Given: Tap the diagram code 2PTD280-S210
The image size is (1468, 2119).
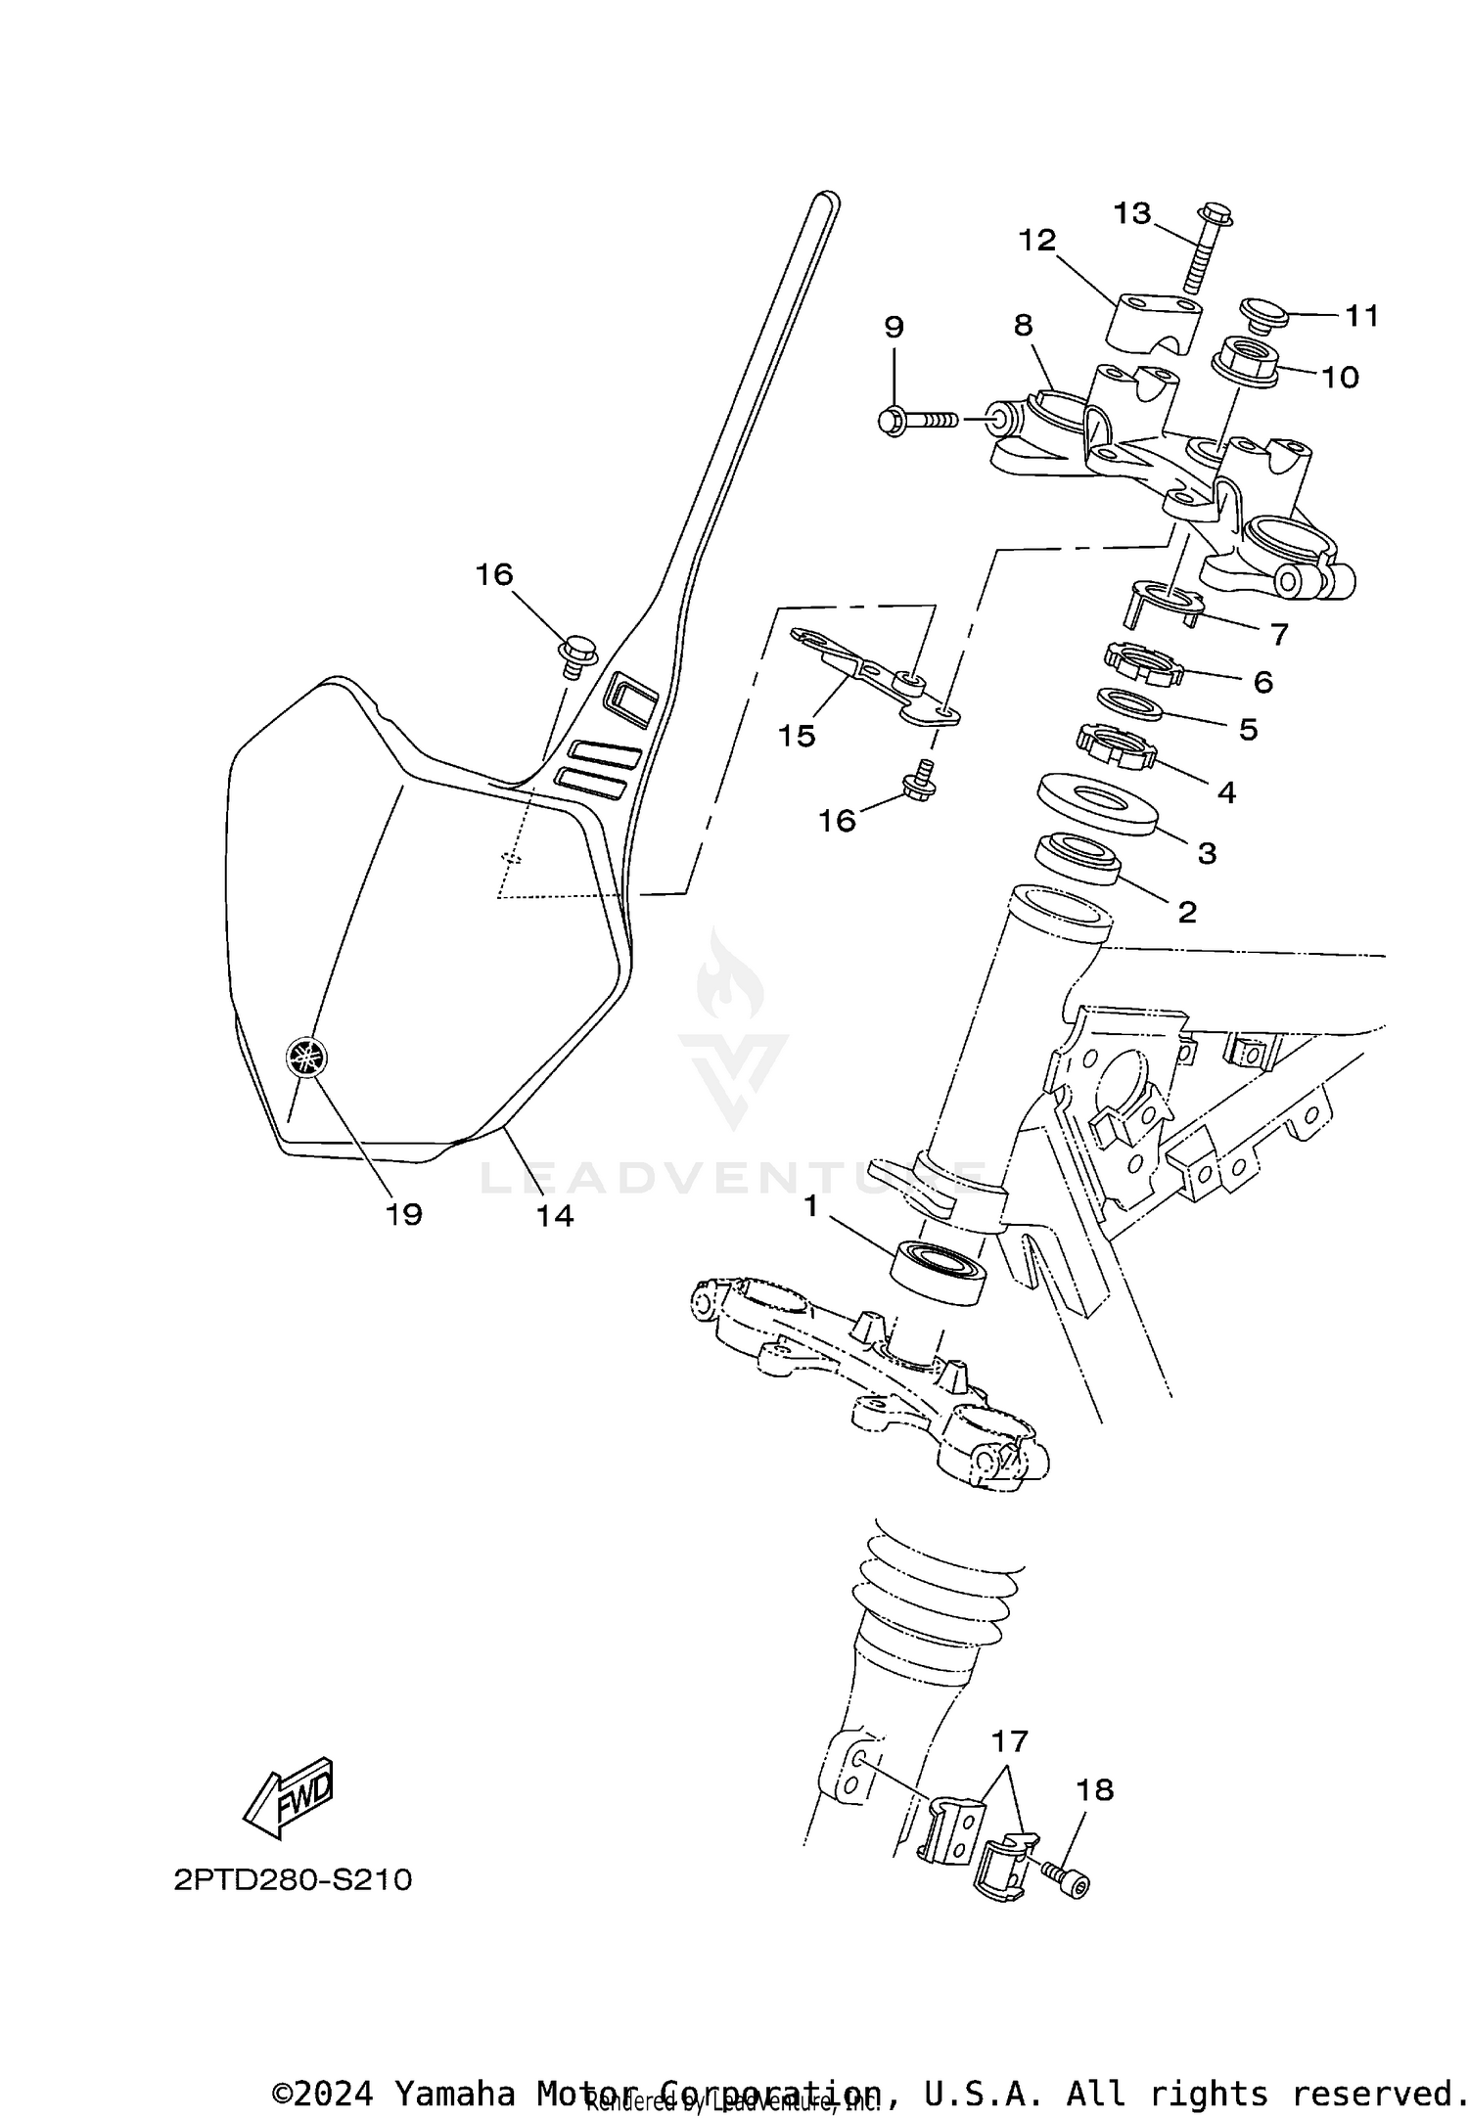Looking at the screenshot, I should tap(293, 1880).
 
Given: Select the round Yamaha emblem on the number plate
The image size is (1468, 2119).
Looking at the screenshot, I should tap(306, 1058).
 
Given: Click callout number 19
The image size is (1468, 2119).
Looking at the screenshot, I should tap(403, 1214).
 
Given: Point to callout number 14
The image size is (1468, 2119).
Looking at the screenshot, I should tap(554, 1215).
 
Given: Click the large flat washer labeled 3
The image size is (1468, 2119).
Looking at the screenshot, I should tap(1096, 804).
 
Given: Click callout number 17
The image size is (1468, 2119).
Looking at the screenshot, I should tap(1010, 1740).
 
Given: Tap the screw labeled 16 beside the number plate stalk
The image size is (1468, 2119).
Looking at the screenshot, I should tap(576, 653).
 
